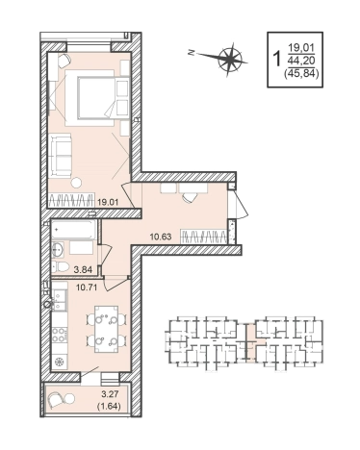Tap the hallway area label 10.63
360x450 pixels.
tap(161, 237)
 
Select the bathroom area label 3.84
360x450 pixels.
tap(83, 270)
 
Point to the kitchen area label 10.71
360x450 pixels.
tap(87, 287)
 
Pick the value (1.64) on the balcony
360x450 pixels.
tap(109, 407)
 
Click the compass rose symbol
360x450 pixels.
tap(230, 59)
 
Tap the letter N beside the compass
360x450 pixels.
tap(192, 53)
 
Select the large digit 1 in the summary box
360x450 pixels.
tap(276, 59)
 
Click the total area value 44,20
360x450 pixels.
tap(302, 60)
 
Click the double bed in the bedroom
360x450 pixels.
tap(90, 97)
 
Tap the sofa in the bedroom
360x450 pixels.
tap(60, 156)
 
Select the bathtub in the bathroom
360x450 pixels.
tap(73, 230)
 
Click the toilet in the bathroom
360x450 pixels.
tap(61, 266)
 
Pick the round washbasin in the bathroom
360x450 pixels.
tap(58, 248)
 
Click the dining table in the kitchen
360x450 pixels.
tap(106, 329)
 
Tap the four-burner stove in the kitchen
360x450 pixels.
tap(60, 335)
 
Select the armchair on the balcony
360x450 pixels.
tap(56, 400)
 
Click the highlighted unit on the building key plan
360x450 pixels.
tap(254, 342)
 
